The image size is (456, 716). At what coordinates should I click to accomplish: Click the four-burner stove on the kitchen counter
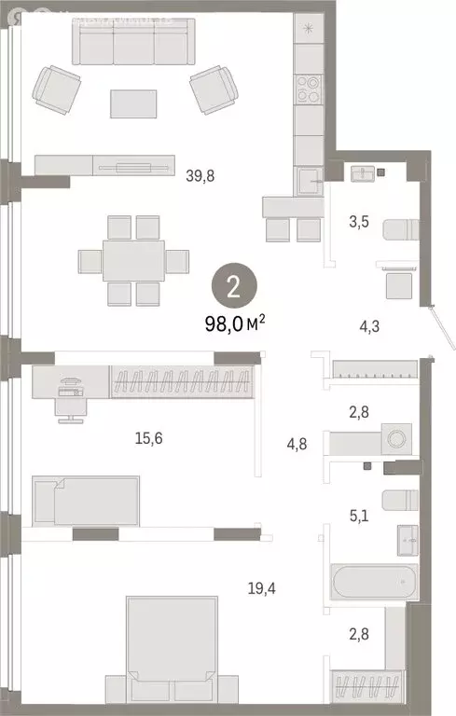pos(309,88)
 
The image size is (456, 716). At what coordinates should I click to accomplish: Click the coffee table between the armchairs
pos(133,103)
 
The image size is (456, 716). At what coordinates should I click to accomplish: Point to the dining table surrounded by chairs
pos(134,260)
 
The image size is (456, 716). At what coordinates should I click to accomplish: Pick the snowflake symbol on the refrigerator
pos(309,27)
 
